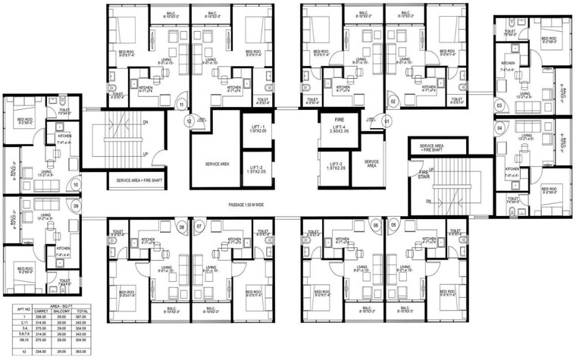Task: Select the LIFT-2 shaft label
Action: click(x=255, y=171)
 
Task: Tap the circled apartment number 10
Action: click(x=76, y=184)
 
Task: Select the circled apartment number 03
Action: click(x=499, y=105)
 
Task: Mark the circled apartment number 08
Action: click(x=181, y=226)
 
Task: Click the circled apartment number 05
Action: click(x=393, y=226)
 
